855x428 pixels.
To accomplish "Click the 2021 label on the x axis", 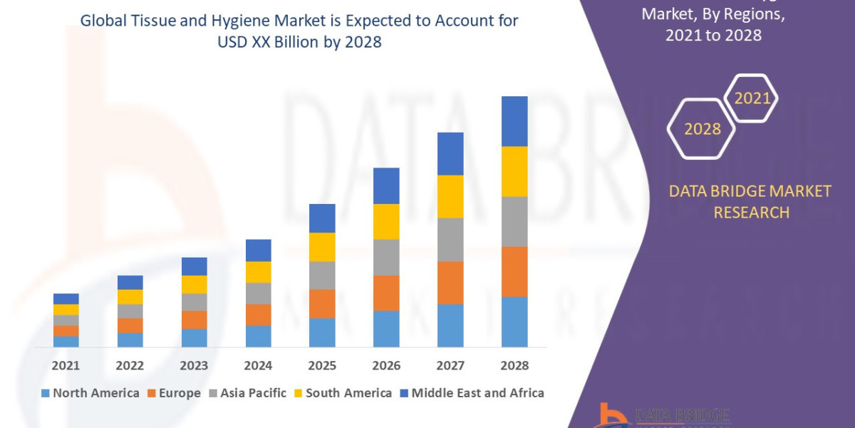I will (x=66, y=366).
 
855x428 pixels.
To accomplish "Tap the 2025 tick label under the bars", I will (x=322, y=366).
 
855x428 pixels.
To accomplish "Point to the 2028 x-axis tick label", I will (x=514, y=366).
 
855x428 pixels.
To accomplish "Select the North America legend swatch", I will (x=46, y=393).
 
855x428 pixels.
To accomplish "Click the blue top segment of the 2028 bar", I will (x=514, y=121).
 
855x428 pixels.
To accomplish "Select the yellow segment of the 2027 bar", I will (x=450, y=196).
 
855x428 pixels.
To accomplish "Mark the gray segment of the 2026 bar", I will (x=386, y=257).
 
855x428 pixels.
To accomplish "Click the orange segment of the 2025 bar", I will (x=322, y=303).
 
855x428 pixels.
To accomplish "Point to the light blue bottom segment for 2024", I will (x=258, y=336).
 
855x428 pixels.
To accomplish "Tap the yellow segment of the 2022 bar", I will (x=130, y=297).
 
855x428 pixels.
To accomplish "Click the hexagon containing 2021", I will (x=751, y=98).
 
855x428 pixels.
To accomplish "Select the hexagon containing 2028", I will (x=702, y=129).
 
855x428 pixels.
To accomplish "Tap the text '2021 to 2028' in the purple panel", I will (x=712, y=34).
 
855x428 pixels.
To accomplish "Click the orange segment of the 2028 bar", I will (x=514, y=271).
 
